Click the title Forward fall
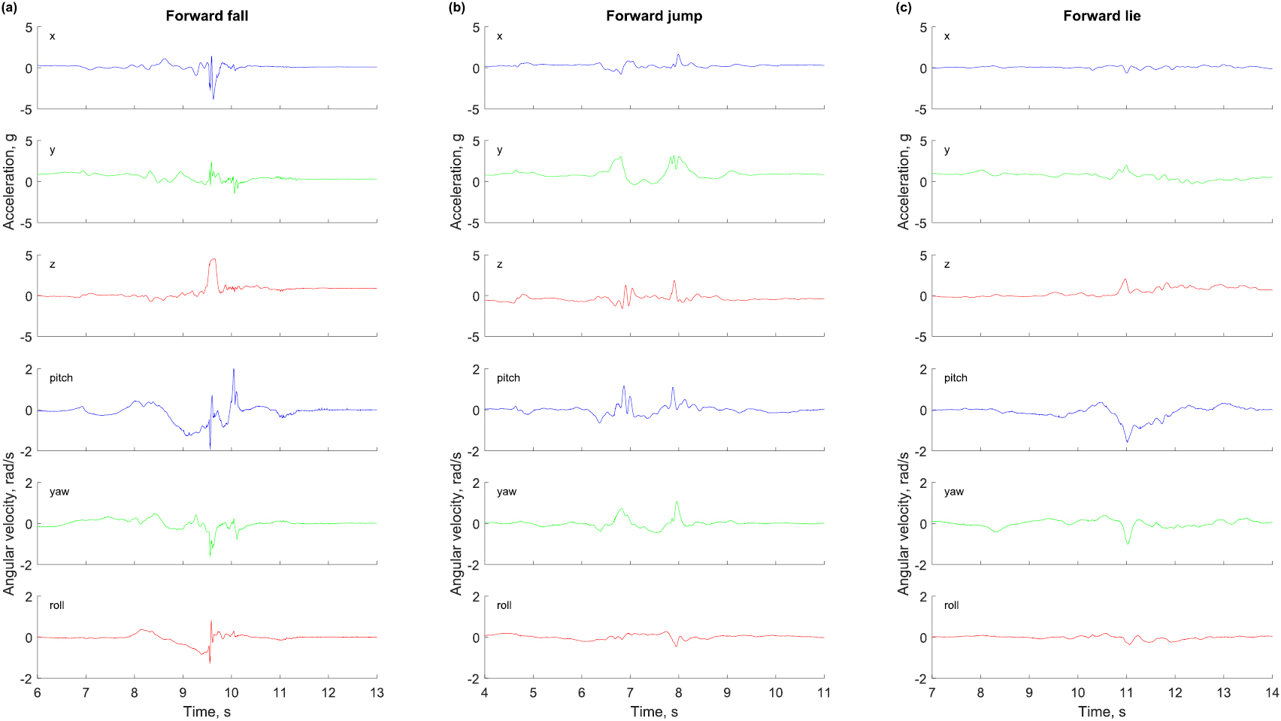(x=207, y=16)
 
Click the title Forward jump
(x=654, y=16)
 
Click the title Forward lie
(x=1101, y=16)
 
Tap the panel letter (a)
(x=9, y=8)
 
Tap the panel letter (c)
(x=904, y=8)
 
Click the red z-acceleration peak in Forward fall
(x=214, y=260)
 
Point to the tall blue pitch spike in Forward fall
(x=234, y=370)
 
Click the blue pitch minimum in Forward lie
(x=1128, y=441)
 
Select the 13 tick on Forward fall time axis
(x=377, y=692)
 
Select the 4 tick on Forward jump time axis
(x=485, y=692)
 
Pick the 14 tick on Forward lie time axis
(x=1272, y=692)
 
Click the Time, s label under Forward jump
(x=654, y=711)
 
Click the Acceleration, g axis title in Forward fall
(x=9, y=180)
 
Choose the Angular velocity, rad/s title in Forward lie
(x=904, y=523)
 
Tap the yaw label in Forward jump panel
(x=507, y=492)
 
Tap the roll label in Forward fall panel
(x=57, y=605)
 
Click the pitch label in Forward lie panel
(x=955, y=378)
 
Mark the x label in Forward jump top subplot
(x=499, y=36)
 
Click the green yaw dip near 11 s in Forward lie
(x=1128, y=543)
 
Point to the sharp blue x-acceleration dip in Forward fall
(x=214, y=98)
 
